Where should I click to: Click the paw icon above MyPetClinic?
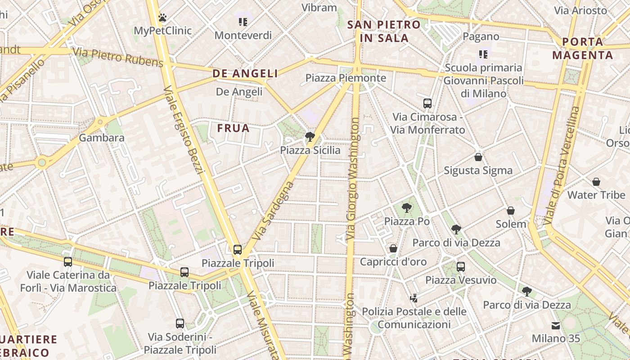click(162, 18)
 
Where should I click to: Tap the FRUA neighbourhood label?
click(233, 128)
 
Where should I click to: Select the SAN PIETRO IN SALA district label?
click(384, 31)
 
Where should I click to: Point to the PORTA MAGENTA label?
click(583, 49)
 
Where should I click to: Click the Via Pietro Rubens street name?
click(117, 57)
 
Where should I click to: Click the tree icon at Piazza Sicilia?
click(310, 137)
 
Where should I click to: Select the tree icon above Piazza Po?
click(407, 208)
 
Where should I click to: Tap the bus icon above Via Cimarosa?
click(427, 103)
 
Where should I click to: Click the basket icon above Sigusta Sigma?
click(478, 157)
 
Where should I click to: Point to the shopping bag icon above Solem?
click(511, 211)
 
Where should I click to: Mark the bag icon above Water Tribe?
click(596, 182)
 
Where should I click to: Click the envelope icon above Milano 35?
click(556, 325)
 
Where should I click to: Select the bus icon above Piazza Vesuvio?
click(461, 266)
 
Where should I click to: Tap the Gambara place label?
click(102, 138)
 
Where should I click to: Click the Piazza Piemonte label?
click(346, 78)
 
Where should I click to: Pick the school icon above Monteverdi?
click(243, 22)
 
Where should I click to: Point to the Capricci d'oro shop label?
click(393, 261)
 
